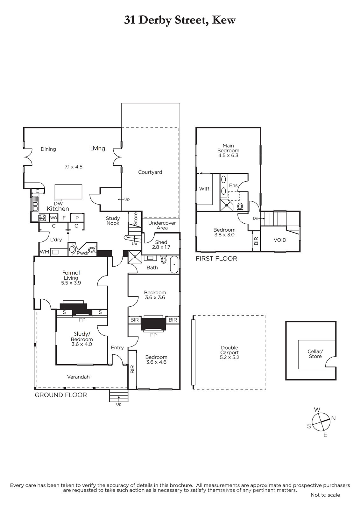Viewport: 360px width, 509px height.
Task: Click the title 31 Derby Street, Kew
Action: [180, 20]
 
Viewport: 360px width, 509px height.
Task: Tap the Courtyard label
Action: [150, 172]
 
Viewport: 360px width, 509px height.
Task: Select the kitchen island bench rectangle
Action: [68, 192]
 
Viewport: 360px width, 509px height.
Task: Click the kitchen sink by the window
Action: [35, 204]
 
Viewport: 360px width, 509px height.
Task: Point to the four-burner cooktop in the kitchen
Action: [42, 218]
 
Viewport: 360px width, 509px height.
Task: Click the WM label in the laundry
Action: [44, 252]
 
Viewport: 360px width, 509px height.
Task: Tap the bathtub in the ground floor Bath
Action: [174, 265]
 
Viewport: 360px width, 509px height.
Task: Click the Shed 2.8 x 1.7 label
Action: [161, 245]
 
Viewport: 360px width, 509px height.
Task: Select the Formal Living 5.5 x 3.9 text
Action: [71, 277]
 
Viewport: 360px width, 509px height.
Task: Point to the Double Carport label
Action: [229, 352]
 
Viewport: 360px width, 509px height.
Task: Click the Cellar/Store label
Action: [315, 354]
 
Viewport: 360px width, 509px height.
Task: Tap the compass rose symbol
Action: [321, 422]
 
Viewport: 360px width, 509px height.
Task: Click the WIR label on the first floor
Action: [204, 189]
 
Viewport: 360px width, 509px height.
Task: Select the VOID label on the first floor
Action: [280, 240]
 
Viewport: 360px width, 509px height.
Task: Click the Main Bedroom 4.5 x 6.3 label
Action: [228, 150]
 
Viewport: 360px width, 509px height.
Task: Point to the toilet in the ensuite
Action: [240, 207]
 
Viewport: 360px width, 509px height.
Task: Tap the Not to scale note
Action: [325, 495]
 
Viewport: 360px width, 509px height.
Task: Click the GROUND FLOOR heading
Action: [61, 395]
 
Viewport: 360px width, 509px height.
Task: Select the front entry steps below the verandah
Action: [118, 396]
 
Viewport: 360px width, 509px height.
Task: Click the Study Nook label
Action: [113, 220]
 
